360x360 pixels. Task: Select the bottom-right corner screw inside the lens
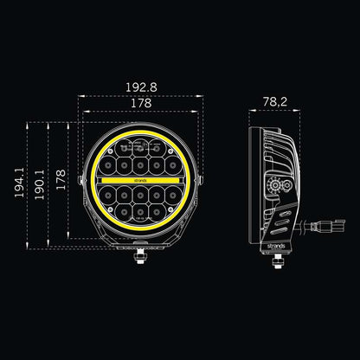coord(176,209)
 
